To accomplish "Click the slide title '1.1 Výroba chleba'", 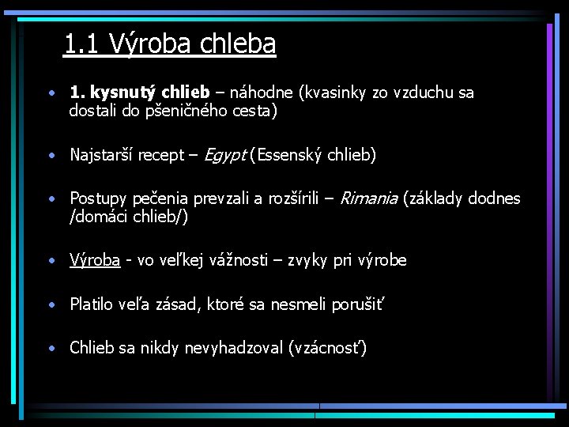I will pos(169,43).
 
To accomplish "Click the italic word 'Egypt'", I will pos(224,155).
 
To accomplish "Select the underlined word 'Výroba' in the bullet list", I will pos(95,260).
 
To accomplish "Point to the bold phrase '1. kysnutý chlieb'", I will pos(139,93).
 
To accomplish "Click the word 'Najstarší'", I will pos(102,155).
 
